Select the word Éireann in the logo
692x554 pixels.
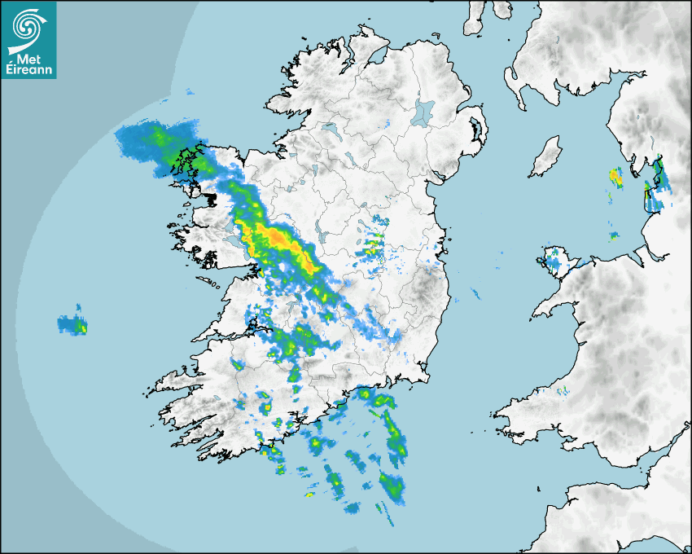[x=28, y=68]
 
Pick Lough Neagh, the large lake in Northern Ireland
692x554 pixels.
[x=423, y=112]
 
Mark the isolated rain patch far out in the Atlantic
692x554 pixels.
[x=72, y=324]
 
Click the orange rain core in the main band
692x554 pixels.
[x=278, y=237]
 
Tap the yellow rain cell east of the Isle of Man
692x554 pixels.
[x=615, y=176]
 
